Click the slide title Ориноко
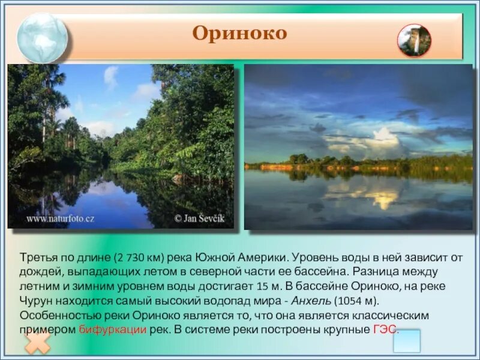tap(239, 34)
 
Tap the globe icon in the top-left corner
tap(42, 37)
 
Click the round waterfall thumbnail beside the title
tap(414, 41)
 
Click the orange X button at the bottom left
tap(38, 344)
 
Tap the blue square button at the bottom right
tap(406, 341)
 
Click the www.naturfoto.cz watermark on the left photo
tap(60, 218)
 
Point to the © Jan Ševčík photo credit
tap(199, 218)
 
